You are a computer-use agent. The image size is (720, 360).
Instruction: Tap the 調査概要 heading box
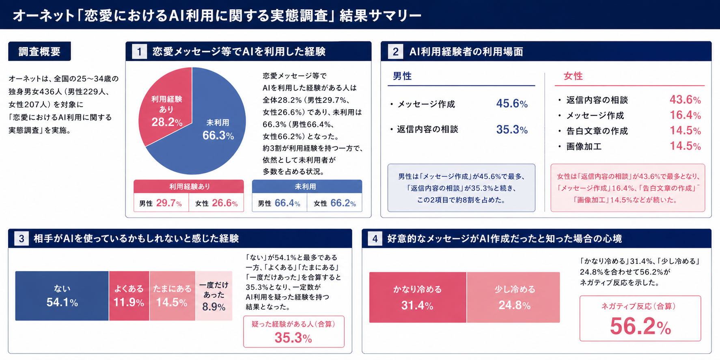39,52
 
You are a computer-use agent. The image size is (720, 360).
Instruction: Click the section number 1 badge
139,52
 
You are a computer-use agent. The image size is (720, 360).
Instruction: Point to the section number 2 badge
395,52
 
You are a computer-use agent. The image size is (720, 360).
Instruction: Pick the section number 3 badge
21,239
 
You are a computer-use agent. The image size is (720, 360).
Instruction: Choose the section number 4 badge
375,239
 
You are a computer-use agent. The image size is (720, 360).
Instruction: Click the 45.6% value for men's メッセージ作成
512,104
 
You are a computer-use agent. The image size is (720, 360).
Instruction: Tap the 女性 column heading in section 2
573,76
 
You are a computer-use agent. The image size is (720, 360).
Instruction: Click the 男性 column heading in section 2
402,76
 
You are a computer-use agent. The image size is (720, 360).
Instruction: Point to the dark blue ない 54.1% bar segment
62,296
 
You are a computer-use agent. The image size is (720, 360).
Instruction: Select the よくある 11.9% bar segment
129,296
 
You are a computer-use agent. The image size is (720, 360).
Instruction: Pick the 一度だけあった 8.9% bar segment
214,296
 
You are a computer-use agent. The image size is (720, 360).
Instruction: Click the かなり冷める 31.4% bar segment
417,297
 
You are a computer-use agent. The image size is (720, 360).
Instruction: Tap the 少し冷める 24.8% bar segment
514,297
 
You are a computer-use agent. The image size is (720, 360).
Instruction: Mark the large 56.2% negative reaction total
640,327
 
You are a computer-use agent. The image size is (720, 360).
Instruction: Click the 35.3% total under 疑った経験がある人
293,338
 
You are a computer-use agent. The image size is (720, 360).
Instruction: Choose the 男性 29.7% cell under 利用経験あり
161,203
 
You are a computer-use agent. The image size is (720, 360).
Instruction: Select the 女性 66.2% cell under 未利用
334,203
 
